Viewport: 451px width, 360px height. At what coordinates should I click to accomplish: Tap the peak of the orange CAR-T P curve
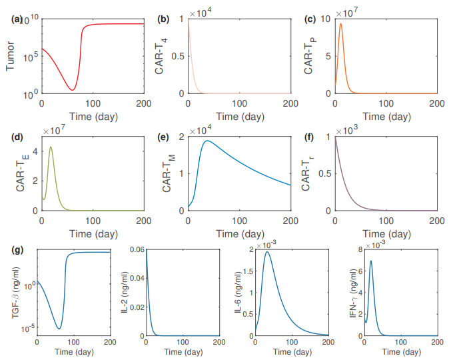[341, 24]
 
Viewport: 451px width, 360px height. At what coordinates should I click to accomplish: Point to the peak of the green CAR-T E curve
[51, 147]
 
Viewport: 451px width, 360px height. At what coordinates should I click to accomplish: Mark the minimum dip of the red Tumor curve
[73, 90]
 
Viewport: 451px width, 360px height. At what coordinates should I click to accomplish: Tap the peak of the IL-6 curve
[268, 252]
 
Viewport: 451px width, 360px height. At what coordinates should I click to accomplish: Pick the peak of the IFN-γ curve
[370, 261]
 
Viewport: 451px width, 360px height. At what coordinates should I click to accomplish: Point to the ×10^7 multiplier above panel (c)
[352, 13]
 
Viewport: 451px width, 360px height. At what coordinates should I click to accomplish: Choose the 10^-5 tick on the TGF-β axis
[26, 329]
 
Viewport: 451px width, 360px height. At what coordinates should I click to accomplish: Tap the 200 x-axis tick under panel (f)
[437, 219]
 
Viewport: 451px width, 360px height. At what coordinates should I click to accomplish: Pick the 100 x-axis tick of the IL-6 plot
[292, 343]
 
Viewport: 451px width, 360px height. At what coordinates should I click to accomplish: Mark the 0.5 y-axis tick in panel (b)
[178, 57]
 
